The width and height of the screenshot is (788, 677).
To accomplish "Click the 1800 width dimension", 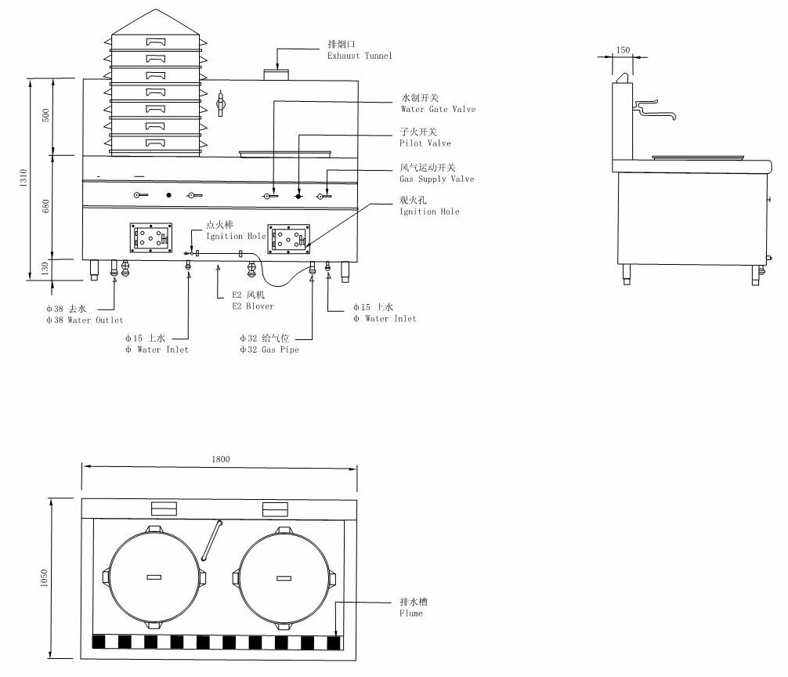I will pos(221,459).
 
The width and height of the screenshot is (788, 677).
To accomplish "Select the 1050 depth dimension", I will pos(45,578).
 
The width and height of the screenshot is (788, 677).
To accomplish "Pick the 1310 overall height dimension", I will pos(24,179).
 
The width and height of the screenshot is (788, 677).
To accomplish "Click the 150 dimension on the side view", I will pos(623,50).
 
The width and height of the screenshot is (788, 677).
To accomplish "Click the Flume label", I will pos(412,608).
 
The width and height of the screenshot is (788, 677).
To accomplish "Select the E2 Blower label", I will pos(252,300).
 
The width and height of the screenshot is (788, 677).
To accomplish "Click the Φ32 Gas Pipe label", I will pos(269,343).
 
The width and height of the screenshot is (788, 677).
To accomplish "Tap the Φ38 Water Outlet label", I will pos(84,314).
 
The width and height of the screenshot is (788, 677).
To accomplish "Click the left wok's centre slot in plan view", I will pos(154,577).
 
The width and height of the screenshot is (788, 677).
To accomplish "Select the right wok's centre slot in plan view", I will pos(284,577).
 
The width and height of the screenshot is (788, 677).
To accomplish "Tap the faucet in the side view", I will pos(653,109).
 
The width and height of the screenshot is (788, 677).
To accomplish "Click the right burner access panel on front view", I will pos(287,238).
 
